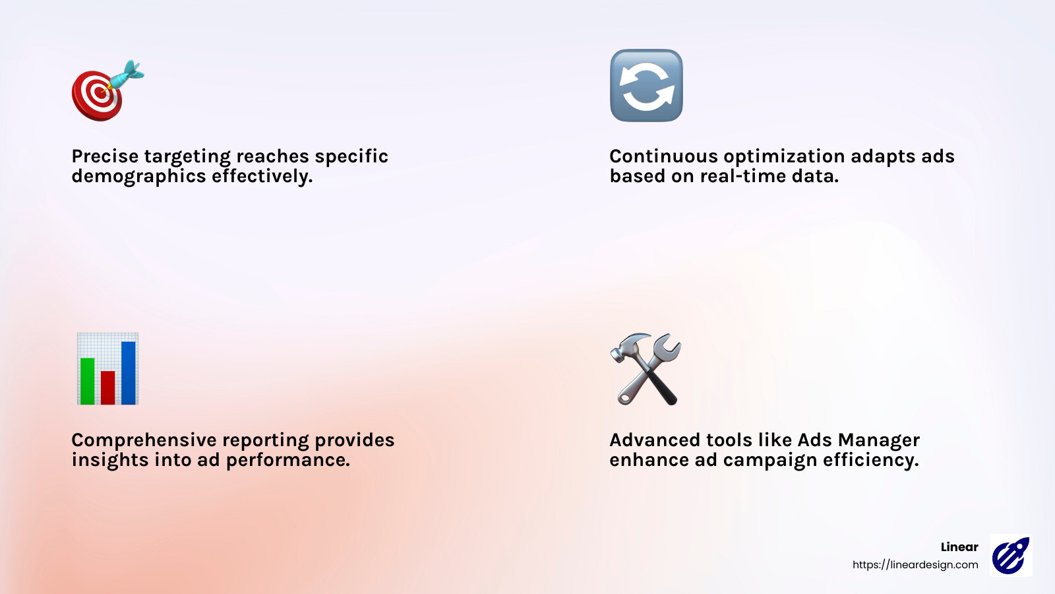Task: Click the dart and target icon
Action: coord(105,91)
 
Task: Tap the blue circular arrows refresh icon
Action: coord(646,86)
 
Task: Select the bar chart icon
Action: coord(107,369)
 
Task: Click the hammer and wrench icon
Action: coord(646,369)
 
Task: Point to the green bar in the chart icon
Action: coord(87,381)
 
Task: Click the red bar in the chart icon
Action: coord(107,387)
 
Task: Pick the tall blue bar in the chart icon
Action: coord(129,372)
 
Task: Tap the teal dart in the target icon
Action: coord(127,73)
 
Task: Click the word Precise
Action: coord(105,156)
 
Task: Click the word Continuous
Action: coord(663,156)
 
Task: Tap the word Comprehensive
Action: coord(144,440)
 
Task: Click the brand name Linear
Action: coord(959,547)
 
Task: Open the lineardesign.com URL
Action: coord(915,565)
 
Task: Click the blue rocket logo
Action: coord(1010,556)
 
